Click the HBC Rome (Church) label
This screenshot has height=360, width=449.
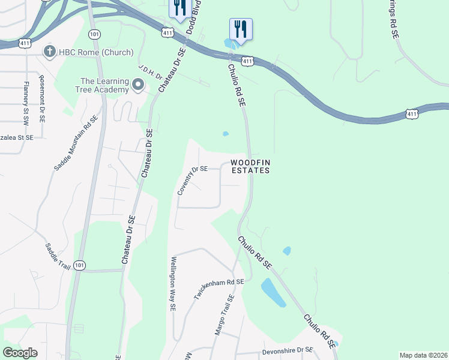click(95, 52)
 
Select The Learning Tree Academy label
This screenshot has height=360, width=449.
click(105, 85)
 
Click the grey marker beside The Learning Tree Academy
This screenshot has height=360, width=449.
click(139, 85)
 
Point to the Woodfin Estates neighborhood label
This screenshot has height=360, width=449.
click(250, 166)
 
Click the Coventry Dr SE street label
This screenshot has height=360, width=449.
click(192, 181)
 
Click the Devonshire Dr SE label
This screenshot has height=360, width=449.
click(288, 350)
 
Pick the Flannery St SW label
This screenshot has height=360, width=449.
click(26, 103)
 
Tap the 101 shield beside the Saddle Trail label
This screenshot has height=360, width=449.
click(80, 265)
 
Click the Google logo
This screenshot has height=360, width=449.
click(20, 353)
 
